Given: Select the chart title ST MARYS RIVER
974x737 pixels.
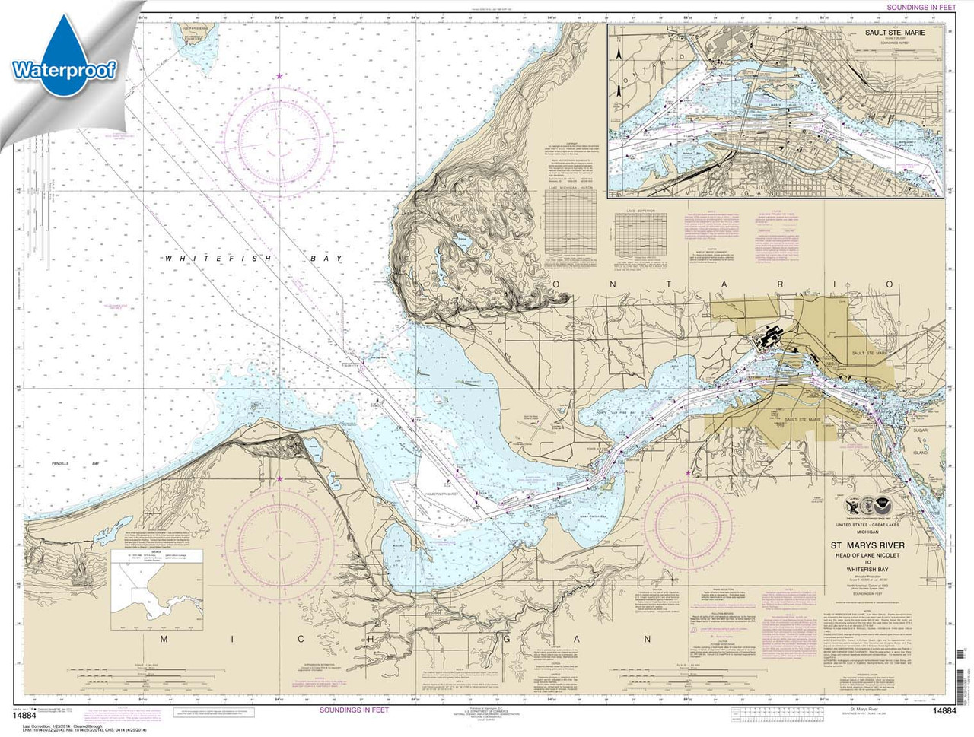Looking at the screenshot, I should click(x=864, y=545).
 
